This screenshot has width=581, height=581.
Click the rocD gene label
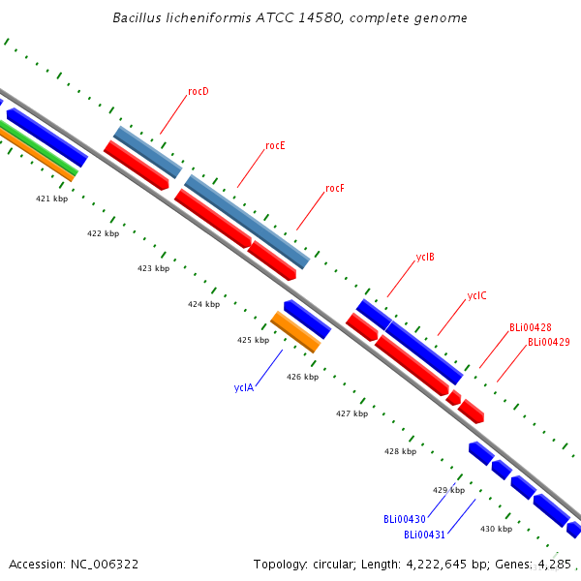[x=199, y=91]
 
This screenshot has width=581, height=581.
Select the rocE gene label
[x=275, y=145]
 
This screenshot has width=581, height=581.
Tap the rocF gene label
[x=335, y=188]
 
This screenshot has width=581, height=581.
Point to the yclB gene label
[x=425, y=258]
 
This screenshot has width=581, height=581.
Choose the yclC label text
[x=476, y=295]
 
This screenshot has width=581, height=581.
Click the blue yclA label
[x=244, y=387]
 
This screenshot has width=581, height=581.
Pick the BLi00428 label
[x=531, y=327]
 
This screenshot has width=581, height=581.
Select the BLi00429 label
[x=549, y=342]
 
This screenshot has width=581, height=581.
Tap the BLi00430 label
[x=405, y=519]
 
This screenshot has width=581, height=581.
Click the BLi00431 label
[x=424, y=535]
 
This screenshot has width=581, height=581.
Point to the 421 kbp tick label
[x=52, y=199]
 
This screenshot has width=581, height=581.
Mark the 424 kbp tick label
[x=203, y=304]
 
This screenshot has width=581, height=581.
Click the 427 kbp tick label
[x=352, y=413]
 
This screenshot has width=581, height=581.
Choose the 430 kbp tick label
[x=496, y=529]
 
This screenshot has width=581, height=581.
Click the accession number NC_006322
[x=105, y=565]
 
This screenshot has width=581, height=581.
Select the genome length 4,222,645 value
[x=436, y=565]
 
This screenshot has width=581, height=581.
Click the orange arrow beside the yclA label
[x=295, y=332]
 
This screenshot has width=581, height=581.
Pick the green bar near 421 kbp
[x=39, y=148]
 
